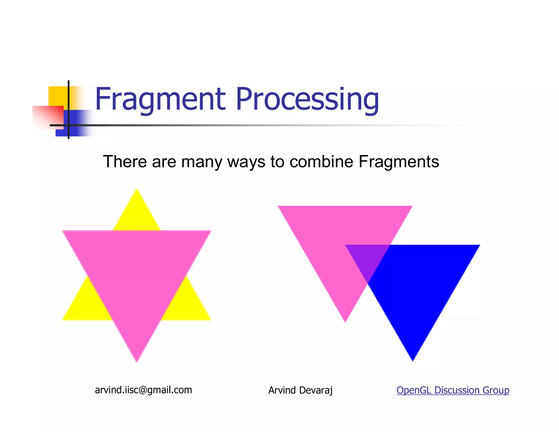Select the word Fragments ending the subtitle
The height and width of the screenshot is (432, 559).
pyautogui.click(x=399, y=162)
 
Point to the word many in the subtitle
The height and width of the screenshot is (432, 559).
pyautogui.click(x=202, y=162)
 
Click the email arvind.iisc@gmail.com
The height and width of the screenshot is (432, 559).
pyautogui.click(x=143, y=390)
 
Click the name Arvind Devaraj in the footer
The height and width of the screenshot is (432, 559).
pyautogui.click(x=300, y=390)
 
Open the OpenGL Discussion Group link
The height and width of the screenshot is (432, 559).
pyautogui.click(x=453, y=390)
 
